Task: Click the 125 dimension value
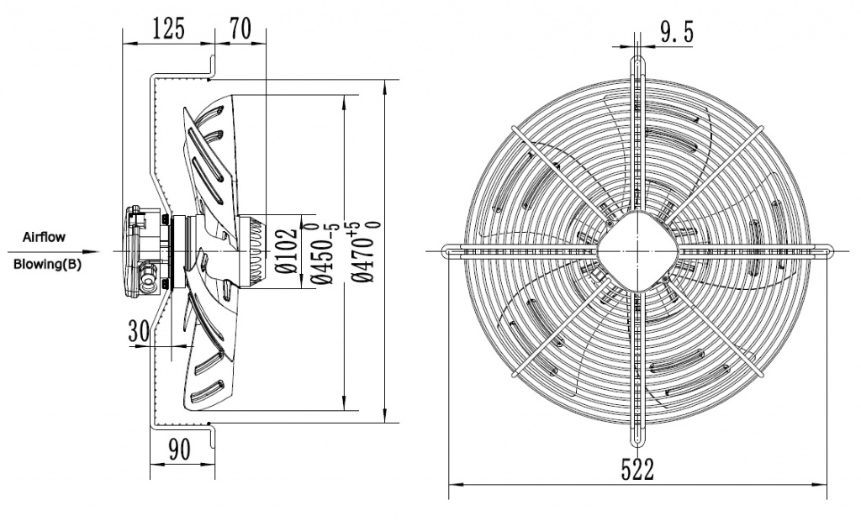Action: coord(168,30)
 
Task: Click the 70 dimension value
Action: coord(240,30)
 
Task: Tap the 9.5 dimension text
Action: coord(676,33)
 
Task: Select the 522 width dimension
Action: coord(637,469)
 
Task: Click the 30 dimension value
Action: coord(140,330)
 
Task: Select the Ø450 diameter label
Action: coord(320,250)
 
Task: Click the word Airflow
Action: coord(44,238)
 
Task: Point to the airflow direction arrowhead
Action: coord(94,250)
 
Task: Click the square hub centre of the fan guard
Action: coord(637,250)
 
